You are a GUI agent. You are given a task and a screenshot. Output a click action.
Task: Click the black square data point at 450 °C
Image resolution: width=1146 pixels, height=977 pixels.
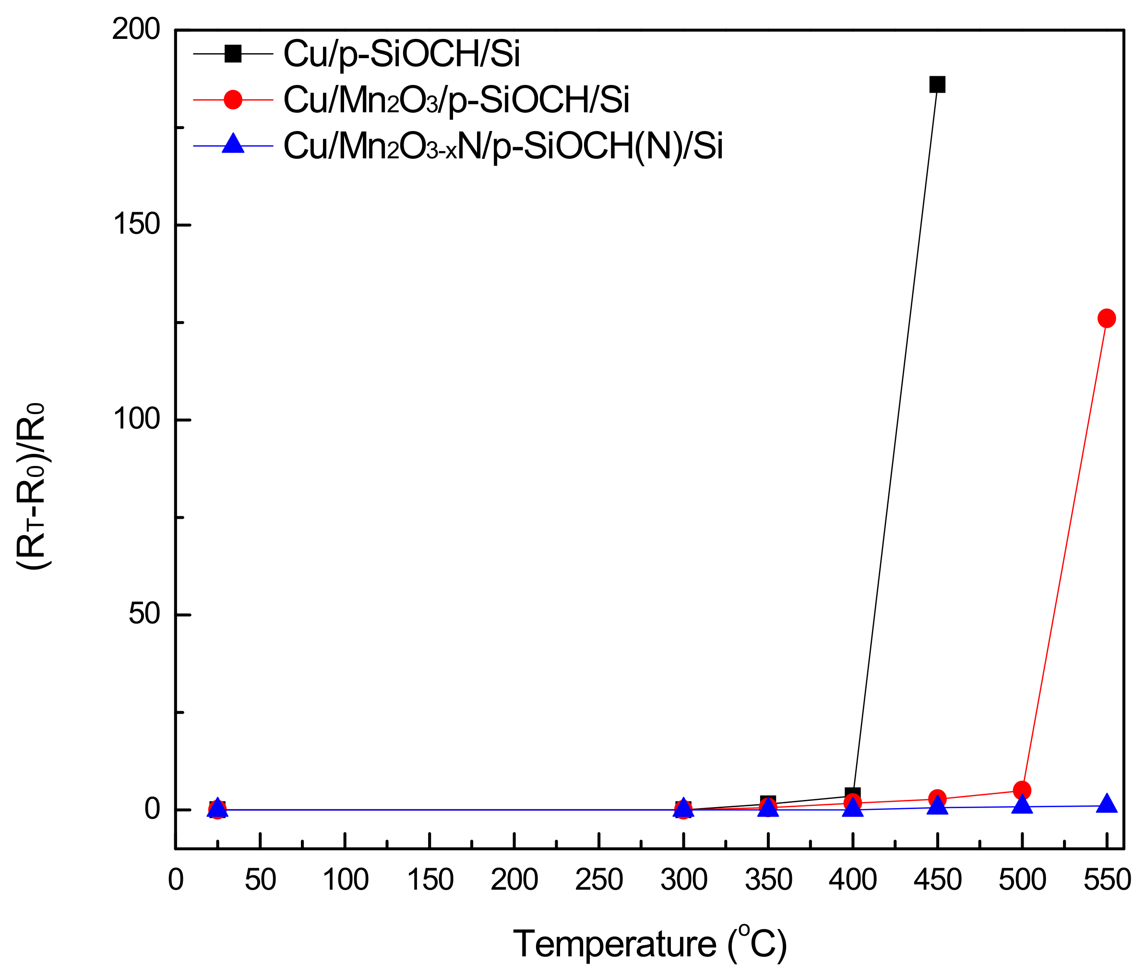click(937, 84)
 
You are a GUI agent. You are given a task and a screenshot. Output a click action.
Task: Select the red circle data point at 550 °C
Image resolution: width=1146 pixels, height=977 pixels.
click(1106, 318)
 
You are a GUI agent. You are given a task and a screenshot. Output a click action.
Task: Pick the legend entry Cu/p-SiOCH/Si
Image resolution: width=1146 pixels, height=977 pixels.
click(401, 54)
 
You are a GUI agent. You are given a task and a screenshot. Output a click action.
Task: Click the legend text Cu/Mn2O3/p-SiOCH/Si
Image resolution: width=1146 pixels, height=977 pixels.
click(456, 100)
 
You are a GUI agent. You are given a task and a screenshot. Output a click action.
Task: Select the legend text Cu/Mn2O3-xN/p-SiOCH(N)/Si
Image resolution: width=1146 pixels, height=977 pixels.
click(502, 146)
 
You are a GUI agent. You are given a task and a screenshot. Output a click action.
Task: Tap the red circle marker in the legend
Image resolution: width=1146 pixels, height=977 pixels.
click(233, 100)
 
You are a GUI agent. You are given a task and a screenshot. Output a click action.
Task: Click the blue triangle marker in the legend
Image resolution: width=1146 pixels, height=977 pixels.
click(233, 144)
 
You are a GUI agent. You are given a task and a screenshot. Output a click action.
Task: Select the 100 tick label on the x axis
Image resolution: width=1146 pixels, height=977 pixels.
click(345, 880)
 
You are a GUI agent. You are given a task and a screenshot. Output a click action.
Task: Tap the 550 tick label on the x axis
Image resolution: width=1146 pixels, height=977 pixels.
click(1106, 880)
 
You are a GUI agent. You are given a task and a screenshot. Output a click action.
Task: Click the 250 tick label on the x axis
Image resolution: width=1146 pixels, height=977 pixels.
click(599, 880)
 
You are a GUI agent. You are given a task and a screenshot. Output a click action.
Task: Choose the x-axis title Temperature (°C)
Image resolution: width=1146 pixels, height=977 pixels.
click(650, 944)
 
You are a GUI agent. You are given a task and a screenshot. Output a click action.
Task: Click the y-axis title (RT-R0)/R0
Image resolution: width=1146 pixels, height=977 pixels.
click(32, 487)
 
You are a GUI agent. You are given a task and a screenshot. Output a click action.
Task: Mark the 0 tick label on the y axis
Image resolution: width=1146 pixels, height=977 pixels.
click(152, 809)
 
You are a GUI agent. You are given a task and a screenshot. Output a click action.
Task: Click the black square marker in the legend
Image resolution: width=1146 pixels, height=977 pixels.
click(233, 54)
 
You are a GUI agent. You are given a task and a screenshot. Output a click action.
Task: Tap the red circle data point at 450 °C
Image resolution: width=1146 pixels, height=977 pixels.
click(937, 798)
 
